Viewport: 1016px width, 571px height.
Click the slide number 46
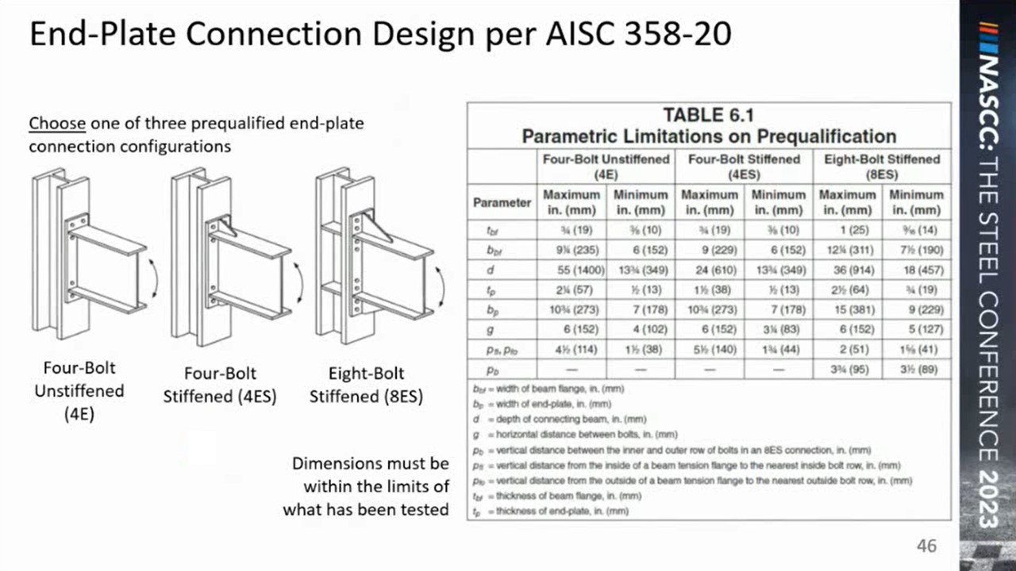926,546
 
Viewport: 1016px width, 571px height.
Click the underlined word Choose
57,124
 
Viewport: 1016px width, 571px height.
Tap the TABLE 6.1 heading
708,115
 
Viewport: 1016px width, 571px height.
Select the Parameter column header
502,202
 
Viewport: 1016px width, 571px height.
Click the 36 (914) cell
847,270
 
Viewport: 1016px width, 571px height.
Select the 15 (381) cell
847,309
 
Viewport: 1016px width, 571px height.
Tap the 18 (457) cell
915,270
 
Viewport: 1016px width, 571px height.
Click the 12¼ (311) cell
847,250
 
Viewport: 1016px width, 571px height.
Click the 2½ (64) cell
847,289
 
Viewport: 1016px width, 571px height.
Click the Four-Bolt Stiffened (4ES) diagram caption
220,385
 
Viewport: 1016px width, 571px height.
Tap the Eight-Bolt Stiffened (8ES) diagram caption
366,385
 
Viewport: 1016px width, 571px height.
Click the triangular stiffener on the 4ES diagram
226,229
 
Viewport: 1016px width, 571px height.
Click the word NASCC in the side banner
987,103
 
